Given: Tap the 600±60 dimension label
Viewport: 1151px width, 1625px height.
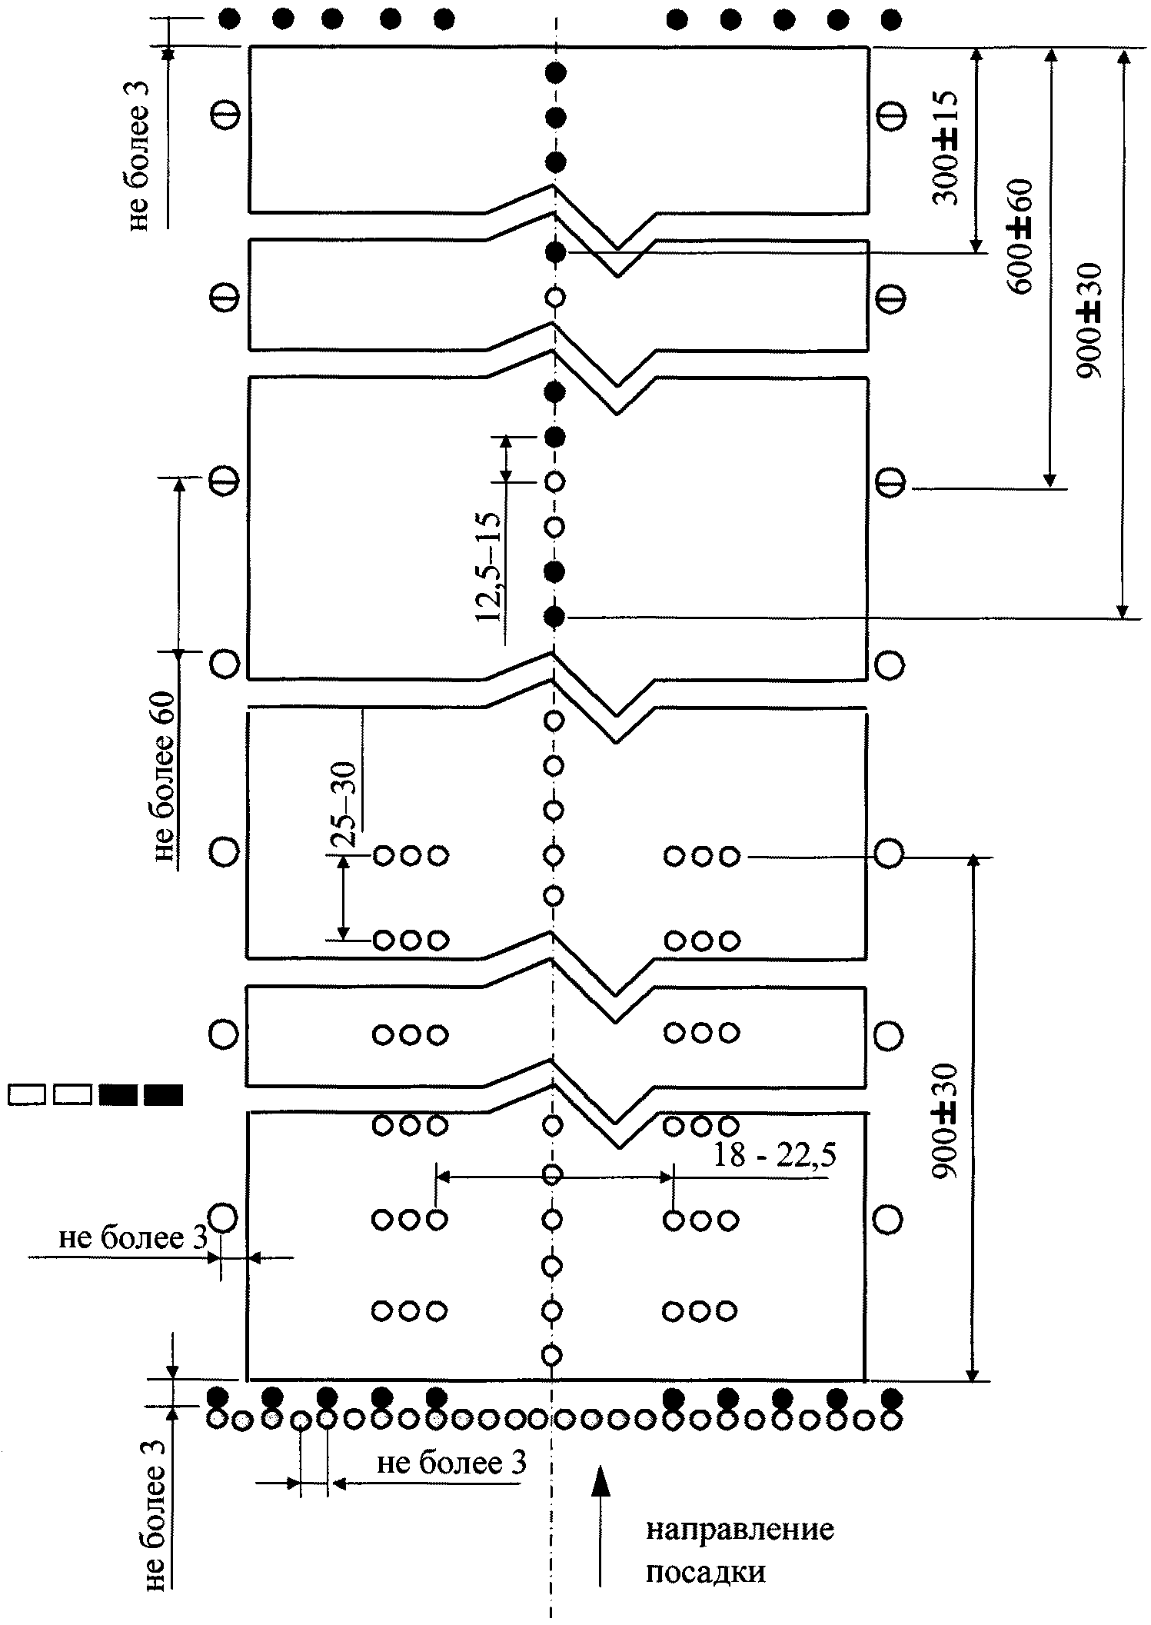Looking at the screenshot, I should tap(1021, 236).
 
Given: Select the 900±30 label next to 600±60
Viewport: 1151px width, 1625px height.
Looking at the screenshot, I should tap(1089, 321).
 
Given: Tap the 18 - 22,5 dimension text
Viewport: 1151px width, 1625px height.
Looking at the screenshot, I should tap(774, 1154).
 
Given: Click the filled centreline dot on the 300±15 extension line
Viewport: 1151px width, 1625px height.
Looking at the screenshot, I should tap(555, 252).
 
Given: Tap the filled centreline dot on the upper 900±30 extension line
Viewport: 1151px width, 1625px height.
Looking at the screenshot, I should tap(554, 617).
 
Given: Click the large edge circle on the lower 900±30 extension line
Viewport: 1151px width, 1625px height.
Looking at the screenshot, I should tap(889, 853).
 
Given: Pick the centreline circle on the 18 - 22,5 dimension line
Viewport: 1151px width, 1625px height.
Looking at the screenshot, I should tap(552, 1175).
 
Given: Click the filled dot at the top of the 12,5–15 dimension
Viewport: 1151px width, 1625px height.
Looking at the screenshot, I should tap(554, 437).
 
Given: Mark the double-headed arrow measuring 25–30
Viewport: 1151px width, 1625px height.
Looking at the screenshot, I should tap(344, 897).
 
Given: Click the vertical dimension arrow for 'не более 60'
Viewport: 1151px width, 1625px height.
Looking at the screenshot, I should tap(179, 566).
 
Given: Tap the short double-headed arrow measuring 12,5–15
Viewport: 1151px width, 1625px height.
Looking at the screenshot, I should tap(505, 459).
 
